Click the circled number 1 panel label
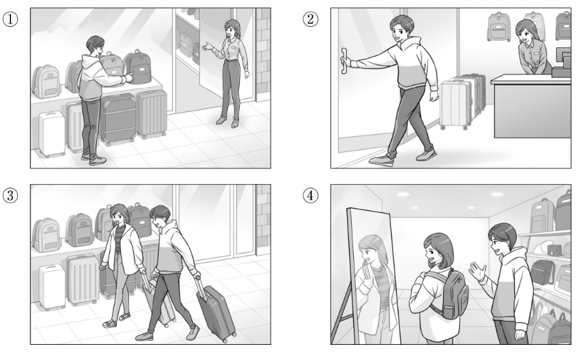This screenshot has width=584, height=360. (x=10, y=19)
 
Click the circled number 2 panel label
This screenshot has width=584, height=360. (x=311, y=19)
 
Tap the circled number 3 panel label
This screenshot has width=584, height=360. (x=10, y=195)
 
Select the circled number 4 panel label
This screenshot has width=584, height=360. (x=311, y=195)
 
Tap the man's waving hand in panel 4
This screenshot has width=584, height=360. (x=478, y=271)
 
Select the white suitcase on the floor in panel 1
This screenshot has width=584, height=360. (x=52, y=134)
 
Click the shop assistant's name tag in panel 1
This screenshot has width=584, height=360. (x=234, y=48)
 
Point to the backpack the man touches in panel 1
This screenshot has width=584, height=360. (x=138, y=67)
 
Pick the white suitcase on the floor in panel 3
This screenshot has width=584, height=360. (x=52, y=286)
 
